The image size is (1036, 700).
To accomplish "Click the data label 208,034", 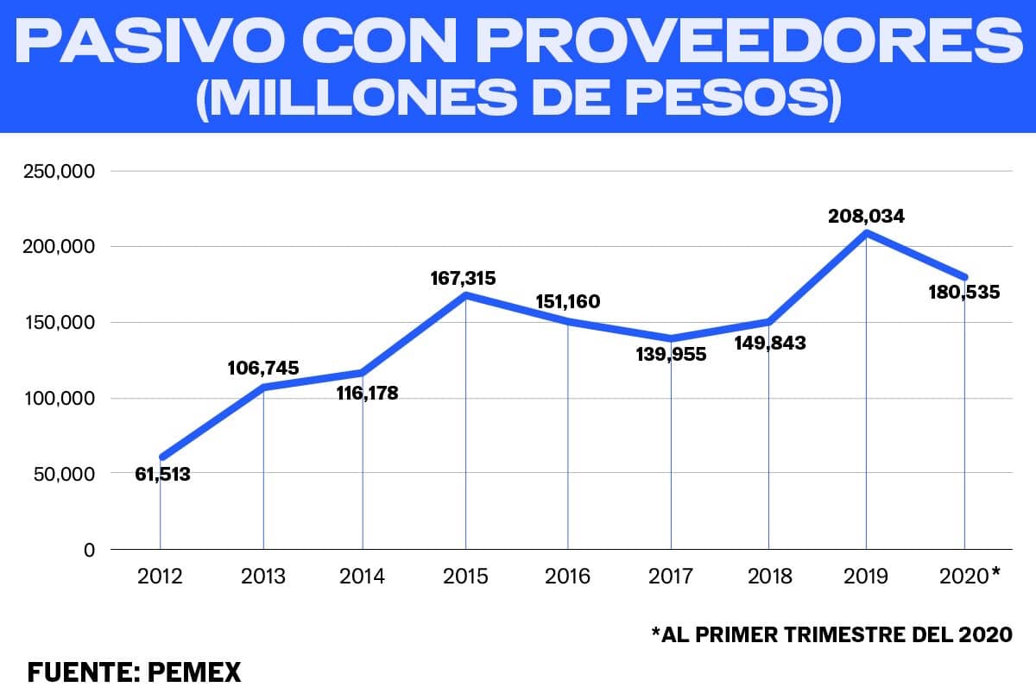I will point(866,216).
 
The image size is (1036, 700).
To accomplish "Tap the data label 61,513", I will point(162,473).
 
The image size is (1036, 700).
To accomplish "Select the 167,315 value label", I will point(464,279).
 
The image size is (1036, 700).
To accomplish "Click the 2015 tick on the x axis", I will point(465,576).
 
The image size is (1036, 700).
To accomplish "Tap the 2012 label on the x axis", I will point(160,576).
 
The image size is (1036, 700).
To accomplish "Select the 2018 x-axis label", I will point(768,576).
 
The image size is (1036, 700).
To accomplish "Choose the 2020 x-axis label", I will point(963,576).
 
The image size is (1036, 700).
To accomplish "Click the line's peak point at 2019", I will point(866,233).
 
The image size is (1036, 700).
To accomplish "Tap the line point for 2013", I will point(263,387).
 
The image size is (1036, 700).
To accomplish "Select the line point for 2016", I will point(567,320).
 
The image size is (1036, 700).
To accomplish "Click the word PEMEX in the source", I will point(194,672).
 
